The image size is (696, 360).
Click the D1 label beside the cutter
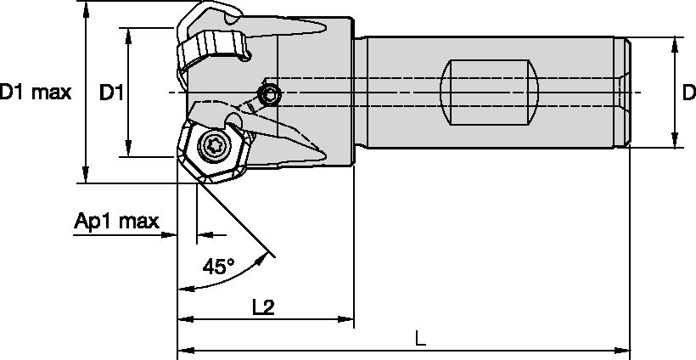click(x=111, y=92)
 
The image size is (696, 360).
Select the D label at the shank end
click(x=688, y=92)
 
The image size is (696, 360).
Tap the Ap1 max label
click(x=116, y=222)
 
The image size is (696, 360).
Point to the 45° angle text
click(x=219, y=267)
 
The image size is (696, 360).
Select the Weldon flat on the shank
click(x=491, y=92)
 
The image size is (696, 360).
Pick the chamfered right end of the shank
click(x=627, y=92)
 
